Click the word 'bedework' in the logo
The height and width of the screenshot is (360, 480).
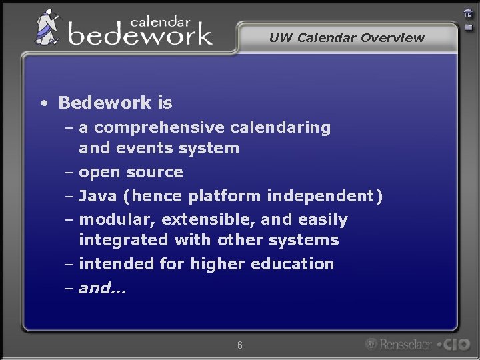[140, 33]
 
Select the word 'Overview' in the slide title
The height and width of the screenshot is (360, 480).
[393, 38]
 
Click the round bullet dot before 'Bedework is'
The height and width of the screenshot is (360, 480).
[43, 103]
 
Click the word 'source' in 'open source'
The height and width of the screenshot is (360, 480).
[155, 173]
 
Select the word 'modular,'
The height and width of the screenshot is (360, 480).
[117, 219]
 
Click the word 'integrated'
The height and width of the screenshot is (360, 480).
[123, 240]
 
